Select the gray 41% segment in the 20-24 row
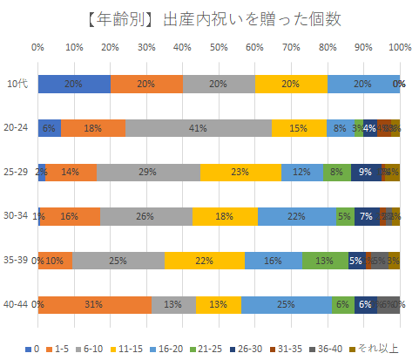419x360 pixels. click(x=198, y=128)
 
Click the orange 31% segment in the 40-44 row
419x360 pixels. click(x=95, y=304)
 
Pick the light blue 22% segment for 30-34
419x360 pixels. click(x=296, y=216)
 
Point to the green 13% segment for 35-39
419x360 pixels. click(x=325, y=260)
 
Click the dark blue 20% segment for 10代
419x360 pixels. click(x=74, y=84)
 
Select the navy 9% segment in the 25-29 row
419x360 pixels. click(x=365, y=172)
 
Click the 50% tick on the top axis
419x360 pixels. click(x=220, y=47)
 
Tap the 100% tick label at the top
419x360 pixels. click(x=400, y=47)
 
